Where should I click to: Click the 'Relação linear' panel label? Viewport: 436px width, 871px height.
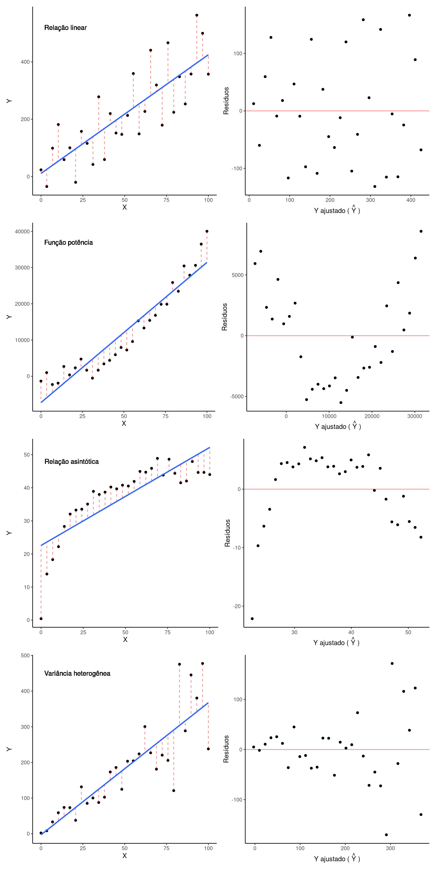click(x=65, y=28)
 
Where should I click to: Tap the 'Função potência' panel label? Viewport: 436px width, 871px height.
click(x=68, y=242)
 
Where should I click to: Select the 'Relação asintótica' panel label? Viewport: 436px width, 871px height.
click(x=72, y=462)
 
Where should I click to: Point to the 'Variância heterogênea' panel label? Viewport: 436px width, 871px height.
click(x=77, y=673)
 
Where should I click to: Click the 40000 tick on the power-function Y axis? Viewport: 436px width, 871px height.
click(x=22, y=232)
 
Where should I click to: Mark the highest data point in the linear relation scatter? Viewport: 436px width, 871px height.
click(x=197, y=15)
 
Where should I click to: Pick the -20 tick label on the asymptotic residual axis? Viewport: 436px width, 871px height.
click(x=237, y=606)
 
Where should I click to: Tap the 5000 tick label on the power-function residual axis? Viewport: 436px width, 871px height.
click(x=238, y=275)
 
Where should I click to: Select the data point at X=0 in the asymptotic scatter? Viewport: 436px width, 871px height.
click(x=41, y=619)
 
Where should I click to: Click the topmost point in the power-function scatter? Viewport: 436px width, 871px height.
click(x=207, y=231)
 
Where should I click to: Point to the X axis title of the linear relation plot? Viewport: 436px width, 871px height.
click(x=125, y=207)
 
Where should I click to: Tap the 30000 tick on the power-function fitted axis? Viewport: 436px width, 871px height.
click(x=414, y=416)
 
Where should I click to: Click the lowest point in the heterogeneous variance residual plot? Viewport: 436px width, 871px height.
click(x=386, y=835)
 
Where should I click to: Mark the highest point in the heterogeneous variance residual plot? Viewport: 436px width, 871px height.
click(x=392, y=663)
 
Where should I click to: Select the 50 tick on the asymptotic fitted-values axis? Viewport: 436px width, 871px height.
click(x=408, y=632)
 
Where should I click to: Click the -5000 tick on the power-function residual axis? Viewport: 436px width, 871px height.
click(x=237, y=397)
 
